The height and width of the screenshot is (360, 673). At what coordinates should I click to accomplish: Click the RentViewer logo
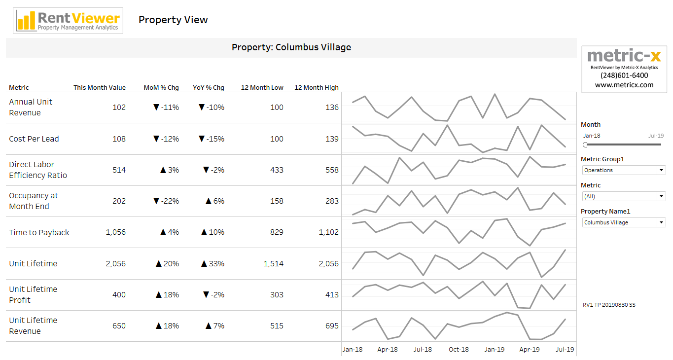pos(69,21)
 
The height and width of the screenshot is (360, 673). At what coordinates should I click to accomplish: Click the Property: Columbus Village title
pos(291,47)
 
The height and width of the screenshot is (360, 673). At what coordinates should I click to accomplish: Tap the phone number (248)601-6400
pos(624,75)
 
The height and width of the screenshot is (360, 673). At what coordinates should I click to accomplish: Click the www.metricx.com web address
pos(624,85)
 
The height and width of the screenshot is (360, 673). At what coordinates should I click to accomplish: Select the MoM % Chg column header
pos(161,88)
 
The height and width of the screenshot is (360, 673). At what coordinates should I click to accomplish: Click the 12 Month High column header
pos(317,88)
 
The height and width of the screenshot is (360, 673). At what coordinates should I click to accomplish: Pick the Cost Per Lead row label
pos(34,139)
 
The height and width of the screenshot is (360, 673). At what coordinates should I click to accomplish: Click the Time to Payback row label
pos(39,233)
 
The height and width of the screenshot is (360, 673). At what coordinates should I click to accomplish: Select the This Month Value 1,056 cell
pos(116,232)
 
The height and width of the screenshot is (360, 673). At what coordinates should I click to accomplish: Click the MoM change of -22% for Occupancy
pos(166,201)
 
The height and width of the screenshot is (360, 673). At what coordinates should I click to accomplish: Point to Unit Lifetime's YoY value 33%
pos(213,264)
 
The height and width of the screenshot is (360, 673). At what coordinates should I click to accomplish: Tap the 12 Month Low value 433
pos(277,170)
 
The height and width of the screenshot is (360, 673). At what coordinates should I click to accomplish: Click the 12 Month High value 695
pos(332,326)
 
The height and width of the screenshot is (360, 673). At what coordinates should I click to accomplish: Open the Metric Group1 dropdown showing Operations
pos(624,170)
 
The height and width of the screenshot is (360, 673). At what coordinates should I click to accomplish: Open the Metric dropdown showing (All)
pos(624,196)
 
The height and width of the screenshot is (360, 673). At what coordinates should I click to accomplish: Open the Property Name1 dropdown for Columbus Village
pos(624,222)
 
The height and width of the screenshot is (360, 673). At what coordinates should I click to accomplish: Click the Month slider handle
pos(585,144)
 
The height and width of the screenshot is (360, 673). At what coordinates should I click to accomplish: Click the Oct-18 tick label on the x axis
pos(459,350)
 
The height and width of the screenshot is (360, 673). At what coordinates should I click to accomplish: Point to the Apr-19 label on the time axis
pos(530,350)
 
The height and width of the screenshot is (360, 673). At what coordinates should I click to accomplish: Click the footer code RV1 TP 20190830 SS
pos(609,305)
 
